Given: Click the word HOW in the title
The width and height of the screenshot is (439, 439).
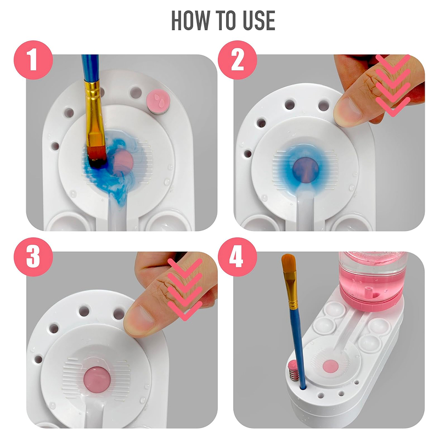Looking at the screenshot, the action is pos(190,20).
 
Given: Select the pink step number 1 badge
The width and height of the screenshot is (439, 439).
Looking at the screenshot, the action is pos(33,60).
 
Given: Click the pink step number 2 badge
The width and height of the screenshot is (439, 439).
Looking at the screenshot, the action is pos(238,60).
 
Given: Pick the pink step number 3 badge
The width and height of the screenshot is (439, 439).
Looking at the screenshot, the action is pos(33,257).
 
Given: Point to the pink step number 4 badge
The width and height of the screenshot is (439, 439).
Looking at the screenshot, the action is pos(238,257).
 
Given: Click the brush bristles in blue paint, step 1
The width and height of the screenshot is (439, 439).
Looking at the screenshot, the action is pos(97,157).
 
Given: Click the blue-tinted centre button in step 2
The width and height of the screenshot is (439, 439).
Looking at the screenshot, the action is pos(306,170).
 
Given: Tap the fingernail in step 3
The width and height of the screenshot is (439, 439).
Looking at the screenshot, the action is pos(139,320).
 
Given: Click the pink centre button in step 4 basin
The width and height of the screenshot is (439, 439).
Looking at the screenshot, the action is pos(331,366).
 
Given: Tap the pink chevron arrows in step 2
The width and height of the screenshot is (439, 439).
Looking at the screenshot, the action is pos(393,86).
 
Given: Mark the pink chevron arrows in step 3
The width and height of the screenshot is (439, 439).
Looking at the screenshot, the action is pos(185,289).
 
